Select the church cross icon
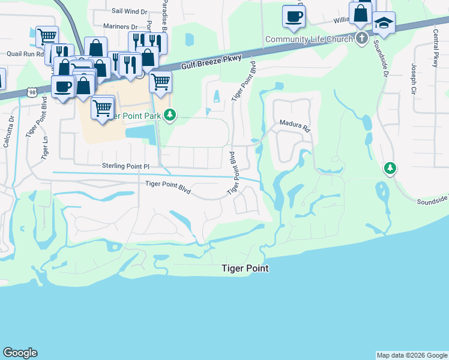click(361, 39)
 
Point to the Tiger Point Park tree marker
click(170, 114)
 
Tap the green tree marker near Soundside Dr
click(390, 169)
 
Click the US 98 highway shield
click(31, 92)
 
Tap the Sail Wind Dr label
click(130, 11)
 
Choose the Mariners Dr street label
click(120, 27)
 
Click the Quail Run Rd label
click(23, 53)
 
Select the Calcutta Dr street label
click(8, 132)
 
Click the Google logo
click(20, 353)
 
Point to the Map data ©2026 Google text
click(411, 355)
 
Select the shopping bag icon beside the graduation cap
click(361, 13)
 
